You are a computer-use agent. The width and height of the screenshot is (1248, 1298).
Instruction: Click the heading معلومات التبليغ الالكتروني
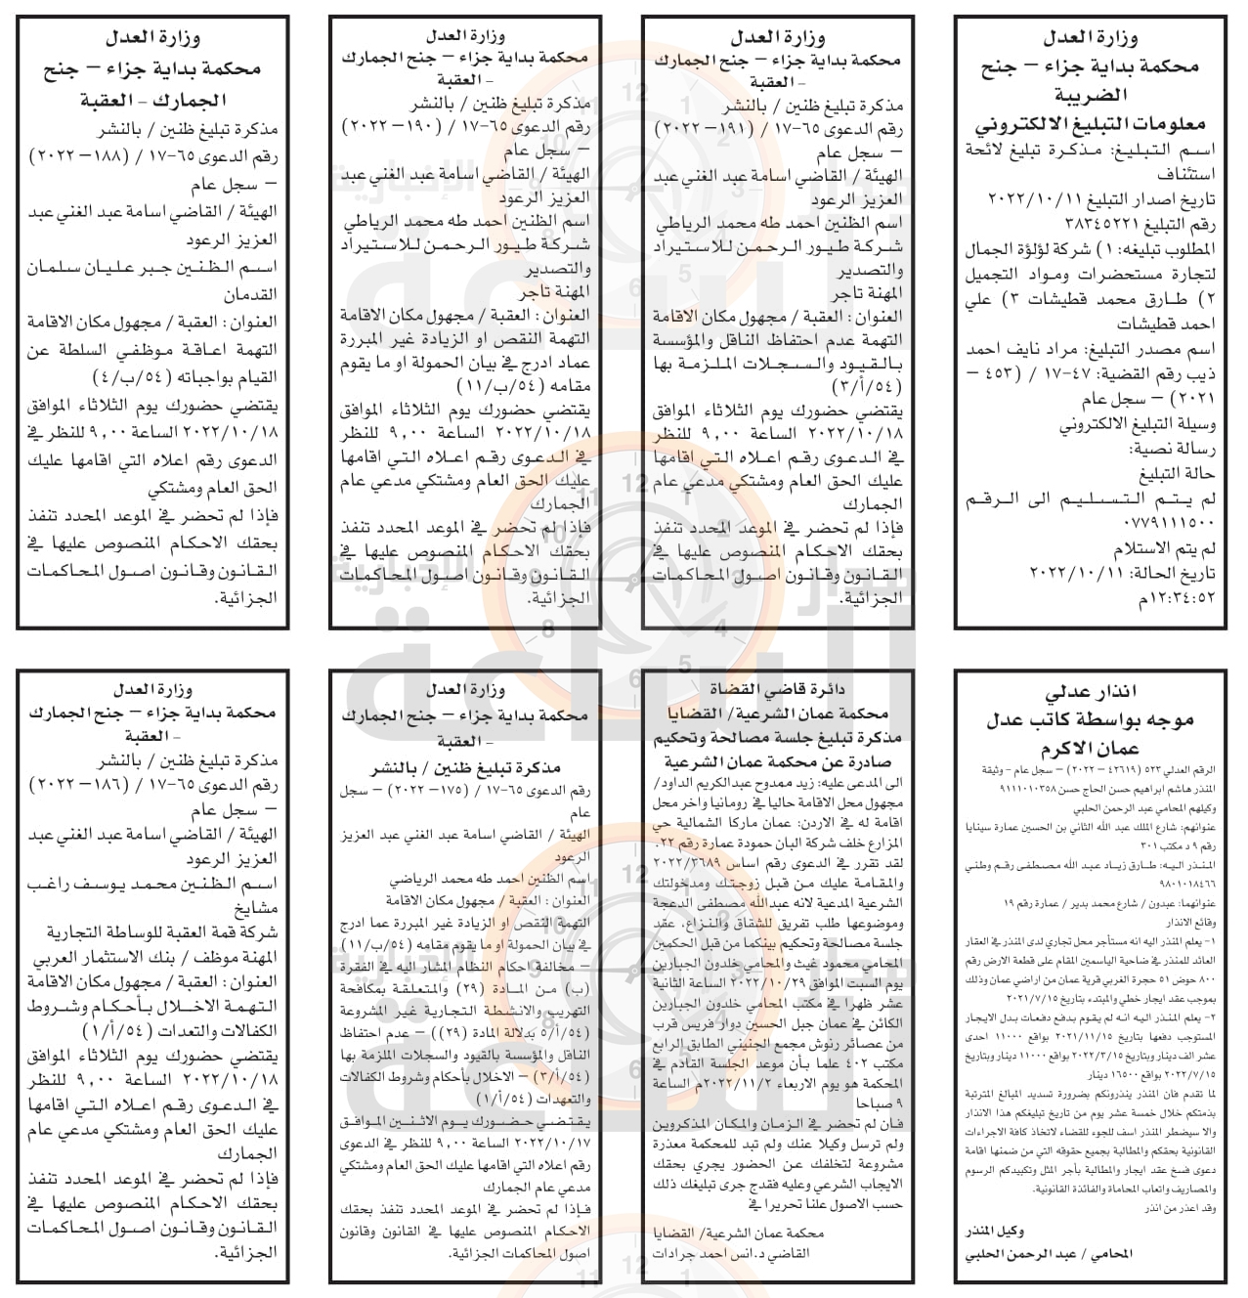coord(1090,125)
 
